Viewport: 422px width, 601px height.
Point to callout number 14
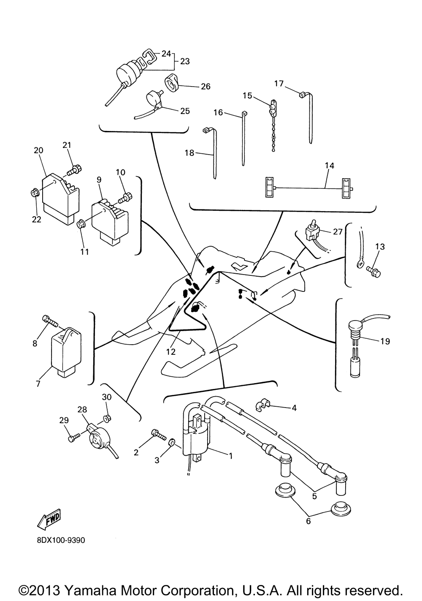coord(329,166)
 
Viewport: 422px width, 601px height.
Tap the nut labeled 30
coord(107,419)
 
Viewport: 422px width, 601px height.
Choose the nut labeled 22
coord(35,193)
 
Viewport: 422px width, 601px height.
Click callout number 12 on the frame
coord(170,351)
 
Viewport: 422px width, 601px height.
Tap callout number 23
coord(185,61)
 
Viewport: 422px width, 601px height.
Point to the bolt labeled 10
coord(126,196)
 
